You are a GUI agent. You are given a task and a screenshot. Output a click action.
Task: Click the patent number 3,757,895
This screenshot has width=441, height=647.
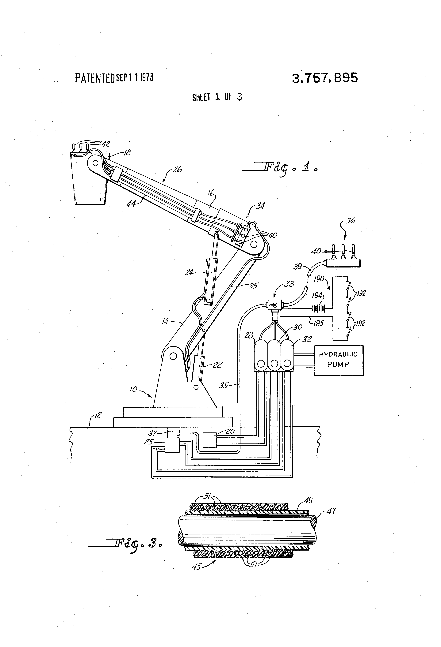coord(325,78)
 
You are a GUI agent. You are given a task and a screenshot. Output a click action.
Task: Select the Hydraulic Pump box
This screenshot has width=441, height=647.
coord(339,360)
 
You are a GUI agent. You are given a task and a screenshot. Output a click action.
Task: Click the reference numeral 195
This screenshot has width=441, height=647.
coord(318,323)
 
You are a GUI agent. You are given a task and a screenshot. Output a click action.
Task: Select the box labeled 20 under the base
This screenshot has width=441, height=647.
coord(210,440)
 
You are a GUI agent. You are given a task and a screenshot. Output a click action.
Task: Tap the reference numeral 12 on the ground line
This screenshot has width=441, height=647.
coord(98,415)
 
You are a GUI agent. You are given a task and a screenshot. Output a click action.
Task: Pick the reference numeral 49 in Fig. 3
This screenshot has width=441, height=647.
coord(308,500)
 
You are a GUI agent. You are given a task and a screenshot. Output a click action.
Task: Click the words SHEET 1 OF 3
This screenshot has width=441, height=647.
coord(217,97)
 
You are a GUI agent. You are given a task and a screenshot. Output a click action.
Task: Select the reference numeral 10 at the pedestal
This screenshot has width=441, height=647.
coord(133,389)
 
